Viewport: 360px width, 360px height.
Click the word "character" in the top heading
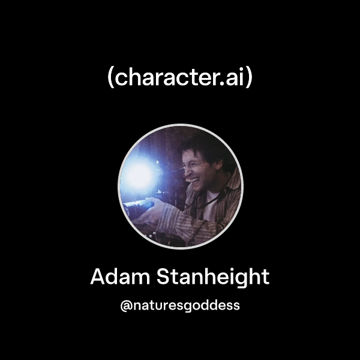tap(166, 77)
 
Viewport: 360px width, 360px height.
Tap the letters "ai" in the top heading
tap(236, 77)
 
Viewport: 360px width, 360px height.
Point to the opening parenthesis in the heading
tap(110, 78)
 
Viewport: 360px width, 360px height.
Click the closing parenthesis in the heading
tap(249, 78)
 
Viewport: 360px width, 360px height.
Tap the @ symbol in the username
tap(125, 305)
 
